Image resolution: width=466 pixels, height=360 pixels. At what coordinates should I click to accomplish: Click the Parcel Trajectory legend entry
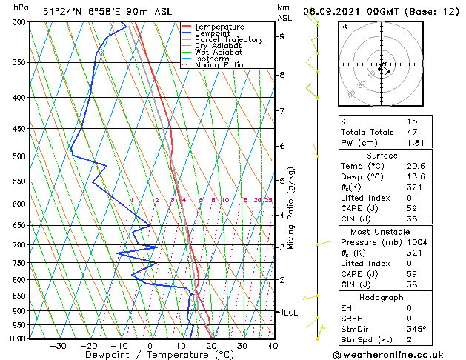[228, 39]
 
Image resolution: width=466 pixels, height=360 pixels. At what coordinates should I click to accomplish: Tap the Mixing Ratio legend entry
[219, 65]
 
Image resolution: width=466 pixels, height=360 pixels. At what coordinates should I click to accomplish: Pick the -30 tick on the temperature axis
[57, 346]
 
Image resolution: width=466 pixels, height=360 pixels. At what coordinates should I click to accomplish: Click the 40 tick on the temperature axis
[273, 346]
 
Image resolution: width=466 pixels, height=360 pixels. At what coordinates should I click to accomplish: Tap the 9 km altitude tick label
[282, 36]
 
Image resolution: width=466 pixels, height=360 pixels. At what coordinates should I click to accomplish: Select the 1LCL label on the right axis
[287, 313]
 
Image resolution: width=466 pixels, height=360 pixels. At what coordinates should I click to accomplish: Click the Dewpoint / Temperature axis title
[150, 355]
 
